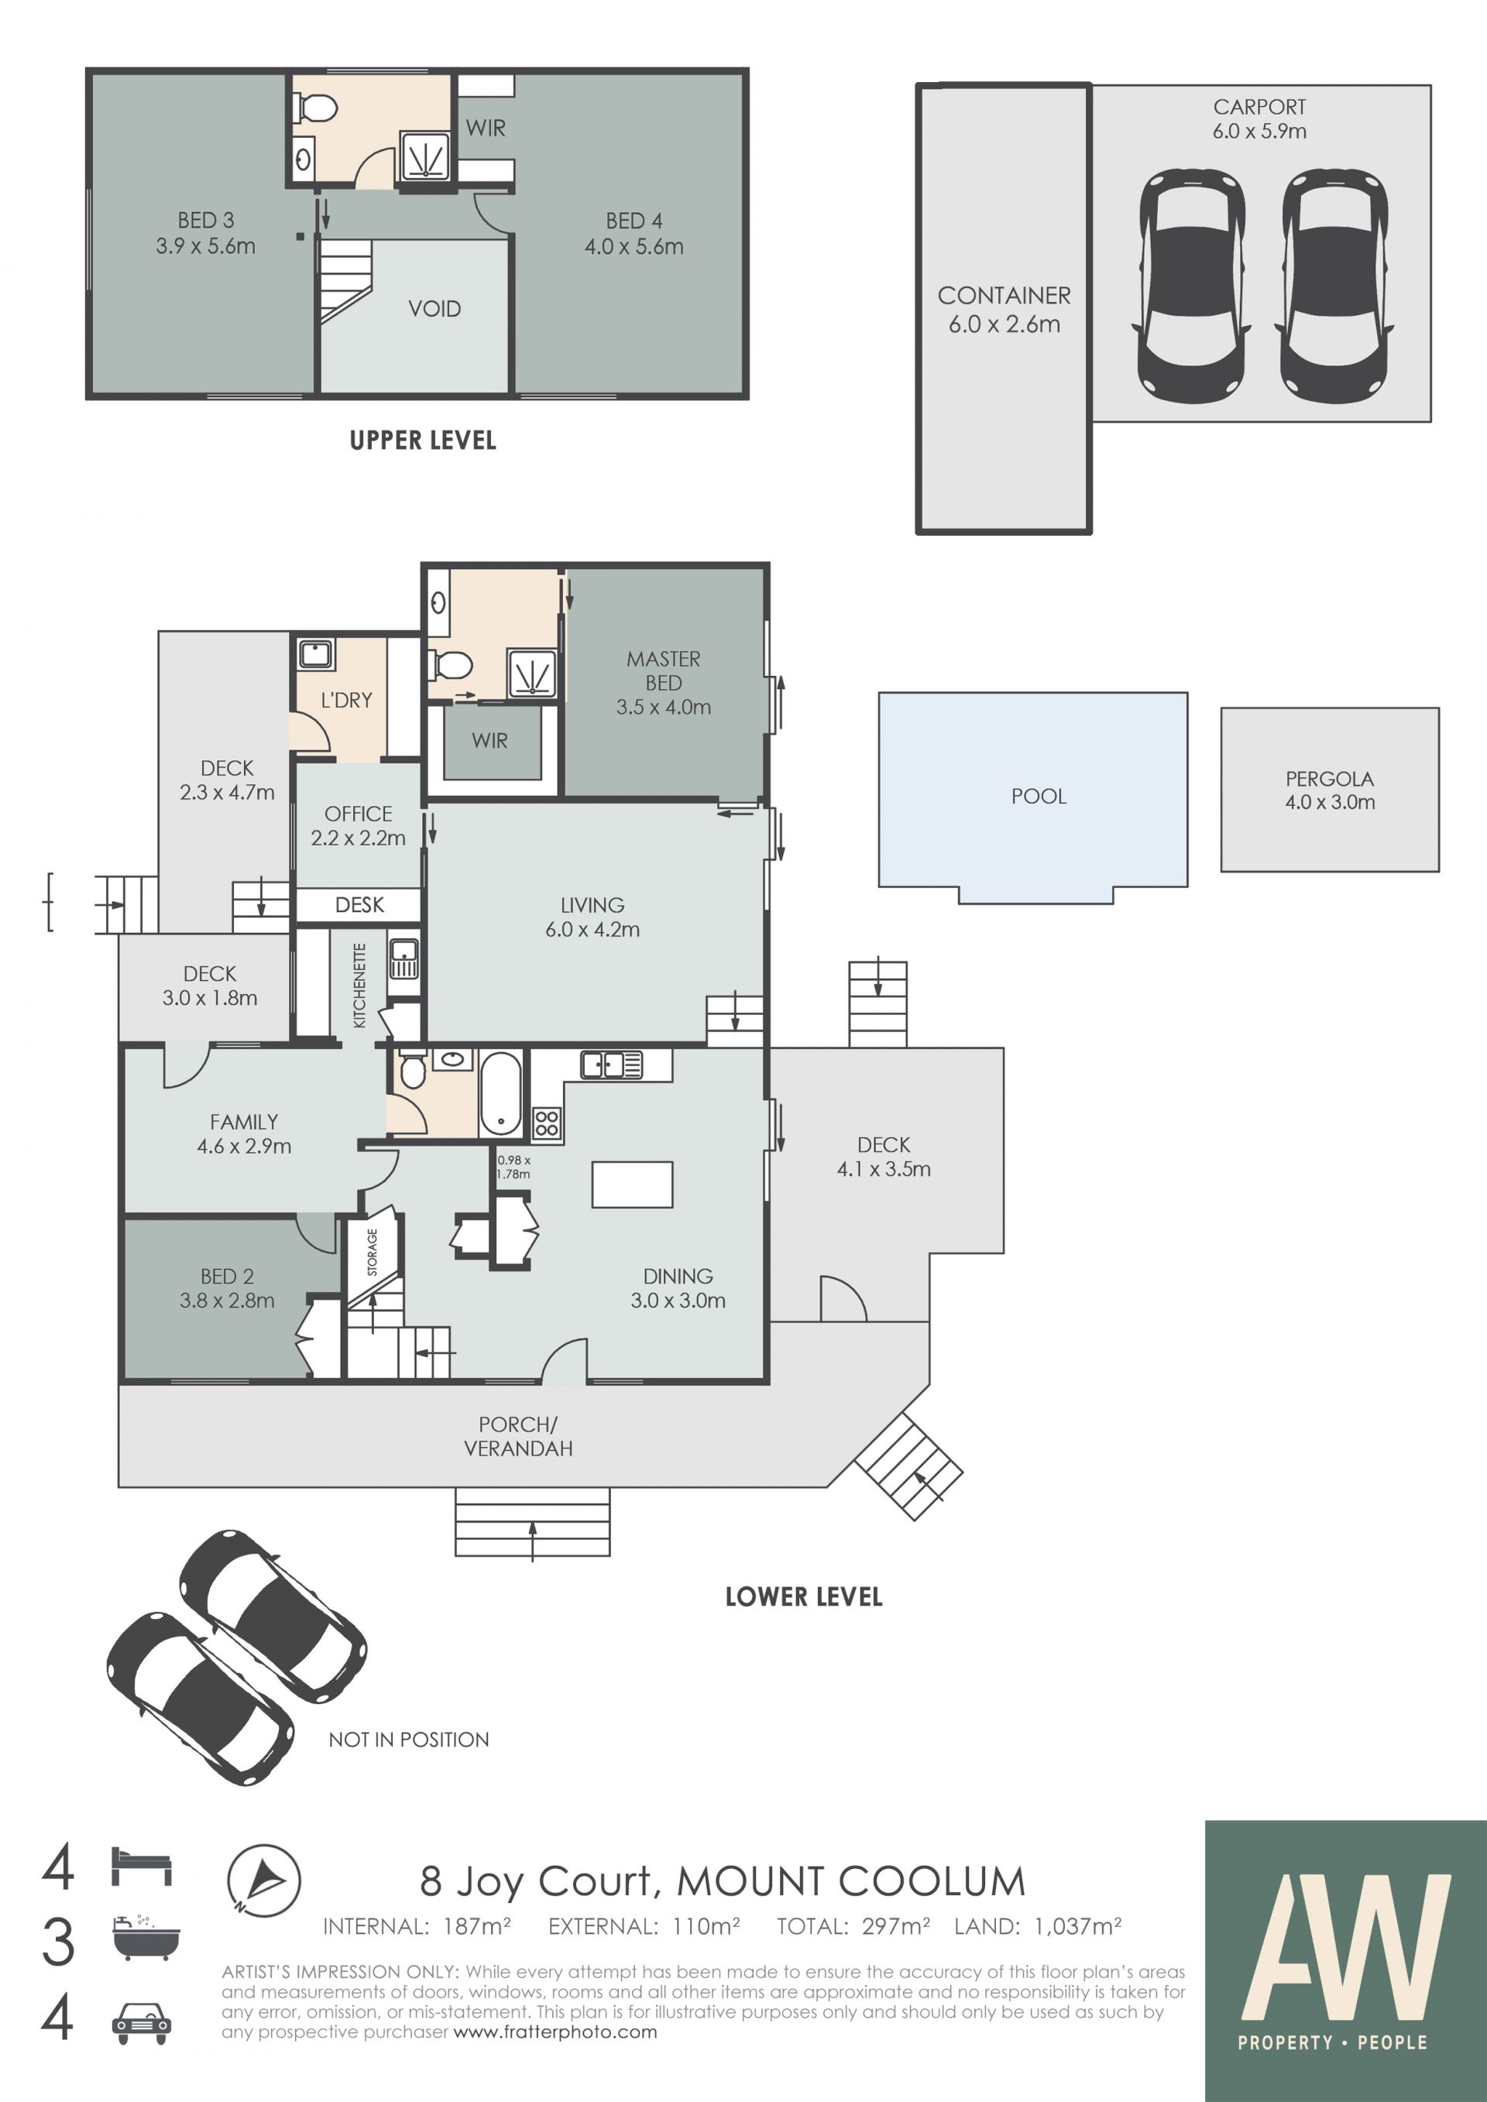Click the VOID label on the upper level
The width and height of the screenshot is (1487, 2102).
[434, 308]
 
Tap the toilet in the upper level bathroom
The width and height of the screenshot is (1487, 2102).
[314, 108]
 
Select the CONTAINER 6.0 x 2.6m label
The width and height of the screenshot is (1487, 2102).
[1004, 310]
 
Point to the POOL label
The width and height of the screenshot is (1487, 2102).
[1039, 797]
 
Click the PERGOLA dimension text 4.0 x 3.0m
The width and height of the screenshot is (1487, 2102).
[1330, 802]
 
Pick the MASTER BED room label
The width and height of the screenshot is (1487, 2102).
[663, 671]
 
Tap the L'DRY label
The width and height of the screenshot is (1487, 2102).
[346, 701]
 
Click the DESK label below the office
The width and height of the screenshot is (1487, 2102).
[359, 904]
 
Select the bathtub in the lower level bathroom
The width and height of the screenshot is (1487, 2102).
[500, 1093]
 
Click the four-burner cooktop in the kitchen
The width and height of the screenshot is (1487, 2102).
[547, 1123]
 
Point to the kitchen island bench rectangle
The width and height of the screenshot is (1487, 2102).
[632, 1185]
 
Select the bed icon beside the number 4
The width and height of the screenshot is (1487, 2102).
[141, 1866]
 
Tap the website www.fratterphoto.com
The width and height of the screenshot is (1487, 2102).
[555, 2032]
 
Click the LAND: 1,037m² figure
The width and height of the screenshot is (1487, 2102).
[1038, 1927]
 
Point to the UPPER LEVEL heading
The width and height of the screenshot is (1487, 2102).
[423, 441]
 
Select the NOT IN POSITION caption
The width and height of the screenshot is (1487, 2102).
[408, 1740]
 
